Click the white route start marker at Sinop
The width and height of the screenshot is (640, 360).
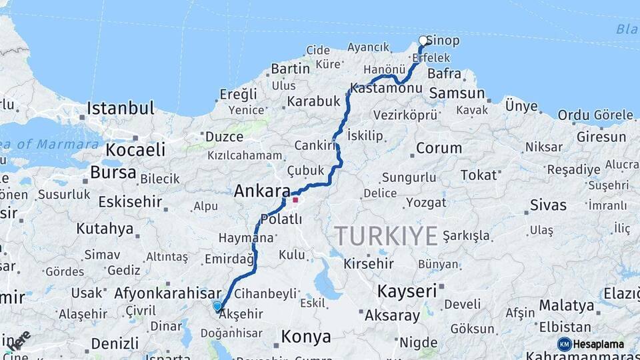click(x=423, y=41)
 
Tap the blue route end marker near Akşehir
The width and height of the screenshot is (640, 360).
click(x=217, y=306)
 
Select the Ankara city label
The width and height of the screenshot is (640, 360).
click(x=261, y=191)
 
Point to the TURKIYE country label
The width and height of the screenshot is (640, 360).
click(x=386, y=236)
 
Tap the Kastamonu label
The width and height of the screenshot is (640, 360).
click(x=386, y=88)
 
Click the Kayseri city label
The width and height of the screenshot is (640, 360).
click(x=407, y=291)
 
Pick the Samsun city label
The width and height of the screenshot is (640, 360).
click(x=457, y=93)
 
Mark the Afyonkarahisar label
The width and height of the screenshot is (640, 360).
click(x=167, y=293)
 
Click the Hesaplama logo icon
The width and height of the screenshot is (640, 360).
click(x=565, y=344)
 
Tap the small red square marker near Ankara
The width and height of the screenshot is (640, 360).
click(x=295, y=199)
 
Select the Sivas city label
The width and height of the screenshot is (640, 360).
click(x=548, y=205)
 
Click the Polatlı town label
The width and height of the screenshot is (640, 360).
click(x=281, y=219)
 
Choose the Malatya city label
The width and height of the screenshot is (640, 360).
click(x=566, y=305)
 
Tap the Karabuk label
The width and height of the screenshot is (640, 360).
click(x=313, y=102)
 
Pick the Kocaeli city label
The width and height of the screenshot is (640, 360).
click(x=135, y=149)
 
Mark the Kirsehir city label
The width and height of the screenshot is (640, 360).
click(x=369, y=263)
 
